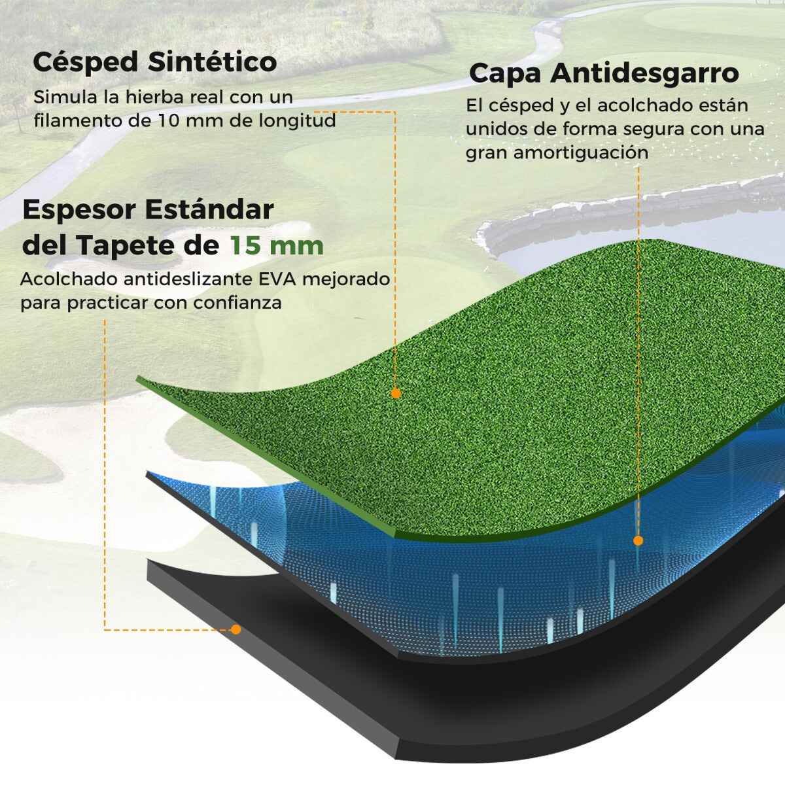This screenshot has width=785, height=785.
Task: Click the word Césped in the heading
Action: (86, 63)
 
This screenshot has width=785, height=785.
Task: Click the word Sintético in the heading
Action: (212, 62)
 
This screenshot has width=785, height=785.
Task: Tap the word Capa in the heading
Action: (505, 75)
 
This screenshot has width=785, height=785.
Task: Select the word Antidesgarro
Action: (644, 73)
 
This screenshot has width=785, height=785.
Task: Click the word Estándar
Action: (209, 209)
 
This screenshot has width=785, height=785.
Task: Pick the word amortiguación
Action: (580, 153)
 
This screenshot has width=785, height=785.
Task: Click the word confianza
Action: (237, 303)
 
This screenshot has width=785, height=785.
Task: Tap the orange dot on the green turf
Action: (396, 394)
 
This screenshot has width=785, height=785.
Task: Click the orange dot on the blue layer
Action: (638, 540)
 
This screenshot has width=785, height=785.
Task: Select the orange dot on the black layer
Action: (235, 630)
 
